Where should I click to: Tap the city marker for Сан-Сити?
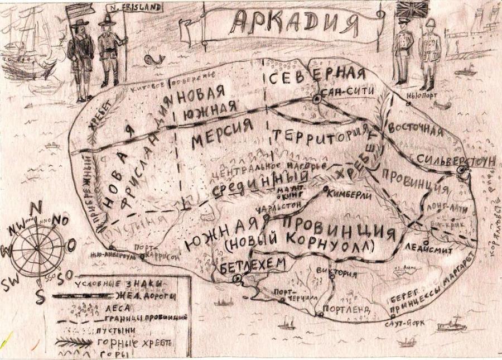pyautogui.click(x=316, y=99)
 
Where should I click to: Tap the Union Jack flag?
pyautogui.click(x=412, y=9)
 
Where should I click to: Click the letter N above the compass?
pyautogui.click(x=36, y=207)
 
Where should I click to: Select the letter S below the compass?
pyautogui.click(x=40, y=296)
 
